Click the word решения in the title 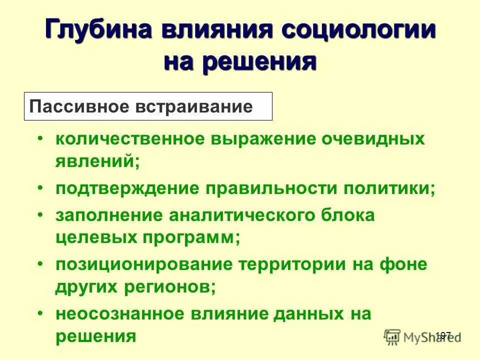coord(265,61)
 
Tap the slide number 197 coord(443,335)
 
